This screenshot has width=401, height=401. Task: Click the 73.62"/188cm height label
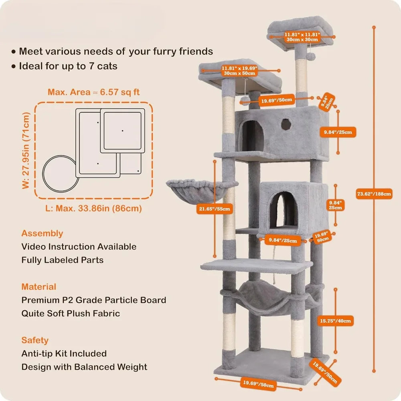pyautogui.click(x=374, y=194)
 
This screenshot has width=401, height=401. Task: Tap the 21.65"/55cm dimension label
pyautogui.click(x=215, y=209)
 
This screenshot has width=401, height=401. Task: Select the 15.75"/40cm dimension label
pyautogui.click(x=335, y=321)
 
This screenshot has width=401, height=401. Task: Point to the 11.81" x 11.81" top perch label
pyautogui.click(x=302, y=37)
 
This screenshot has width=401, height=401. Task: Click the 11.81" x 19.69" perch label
pyautogui.click(x=239, y=71)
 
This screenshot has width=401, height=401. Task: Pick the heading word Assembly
pyautogui.click(x=42, y=233)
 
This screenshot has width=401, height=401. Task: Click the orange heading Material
pyautogui.click(x=38, y=287)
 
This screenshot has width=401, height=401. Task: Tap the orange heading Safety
pyautogui.click(x=35, y=340)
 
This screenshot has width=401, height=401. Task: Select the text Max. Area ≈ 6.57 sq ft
pyautogui.click(x=93, y=92)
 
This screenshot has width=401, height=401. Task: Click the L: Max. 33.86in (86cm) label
pyautogui.click(x=93, y=208)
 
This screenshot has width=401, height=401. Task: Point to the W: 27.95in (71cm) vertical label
pyautogui.click(x=26, y=151)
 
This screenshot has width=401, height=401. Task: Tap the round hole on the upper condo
pyautogui.click(x=286, y=124)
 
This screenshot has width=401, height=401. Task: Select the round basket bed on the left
pyautogui.click(x=197, y=191)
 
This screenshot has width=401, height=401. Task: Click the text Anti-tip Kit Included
pyautogui.click(x=64, y=353)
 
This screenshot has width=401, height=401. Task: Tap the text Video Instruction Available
pyautogui.click(x=79, y=247)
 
